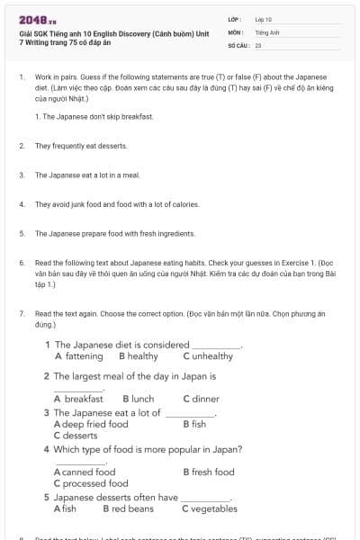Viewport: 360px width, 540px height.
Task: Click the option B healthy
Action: tap(131, 355)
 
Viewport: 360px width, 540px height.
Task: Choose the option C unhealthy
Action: tap(207, 355)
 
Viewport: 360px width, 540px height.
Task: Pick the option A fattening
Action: tap(78, 355)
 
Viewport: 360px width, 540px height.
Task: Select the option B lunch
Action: tap(130, 399)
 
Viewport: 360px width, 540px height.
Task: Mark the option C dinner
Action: tap(201, 399)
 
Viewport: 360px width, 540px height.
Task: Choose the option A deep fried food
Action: tap(91, 424)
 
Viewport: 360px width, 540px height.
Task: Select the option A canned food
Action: tap(85, 472)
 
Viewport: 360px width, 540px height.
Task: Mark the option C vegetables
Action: tap(209, 508)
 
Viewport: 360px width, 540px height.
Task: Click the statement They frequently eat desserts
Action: tap(81, 145)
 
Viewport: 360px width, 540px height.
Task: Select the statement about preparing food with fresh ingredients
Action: tap(115, 233)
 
